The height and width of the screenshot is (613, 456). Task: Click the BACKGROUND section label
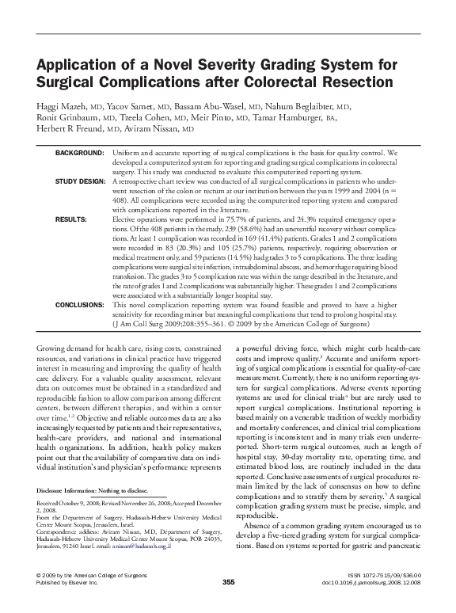(78, 150)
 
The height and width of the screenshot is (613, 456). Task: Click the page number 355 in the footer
(228, 603)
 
